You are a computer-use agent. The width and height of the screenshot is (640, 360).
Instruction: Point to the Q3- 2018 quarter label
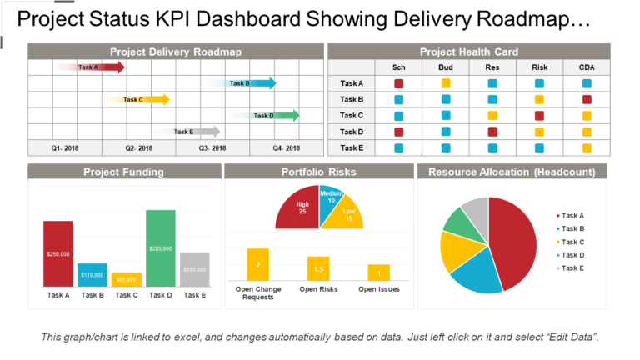pos(212,148)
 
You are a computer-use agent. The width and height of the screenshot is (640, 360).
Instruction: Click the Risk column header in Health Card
pos(539,67)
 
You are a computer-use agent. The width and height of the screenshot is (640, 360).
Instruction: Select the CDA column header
pos(587,67)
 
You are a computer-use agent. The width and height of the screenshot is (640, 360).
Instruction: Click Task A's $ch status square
pos(398,83)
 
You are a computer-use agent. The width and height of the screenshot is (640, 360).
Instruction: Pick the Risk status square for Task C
pos(539,116)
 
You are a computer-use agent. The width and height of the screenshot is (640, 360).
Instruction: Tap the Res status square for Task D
pos(492,132)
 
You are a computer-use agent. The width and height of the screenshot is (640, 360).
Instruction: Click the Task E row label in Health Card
pos(352,147)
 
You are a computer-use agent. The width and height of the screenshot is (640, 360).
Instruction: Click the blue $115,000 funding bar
pos(92,275)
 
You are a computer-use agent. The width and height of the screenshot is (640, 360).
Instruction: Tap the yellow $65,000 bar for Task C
pos(127,279)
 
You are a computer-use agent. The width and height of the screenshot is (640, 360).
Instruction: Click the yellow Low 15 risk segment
pos(346,216)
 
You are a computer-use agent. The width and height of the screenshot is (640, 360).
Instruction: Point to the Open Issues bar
pos(379,272)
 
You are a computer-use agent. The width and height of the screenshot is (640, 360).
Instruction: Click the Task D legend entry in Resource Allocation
pos(572,254)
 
